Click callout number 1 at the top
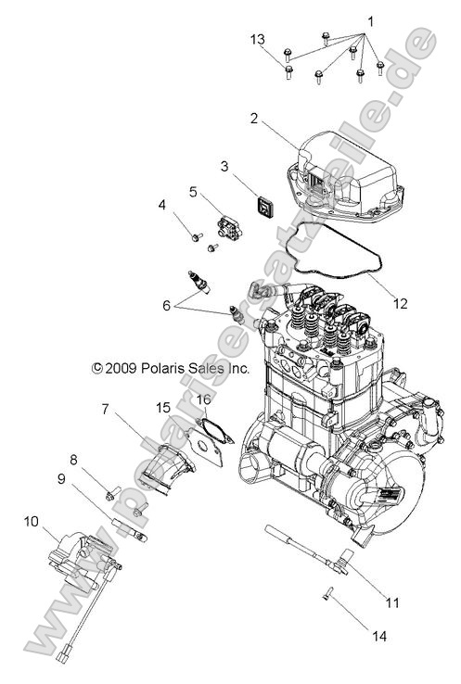click(x=370, y=19)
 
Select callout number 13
click(x=258, y=38)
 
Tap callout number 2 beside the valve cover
click(x=252, y=119)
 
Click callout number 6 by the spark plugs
click(x=166, y=303)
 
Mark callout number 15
click(x=163, y=407)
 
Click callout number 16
click(x=203, y=399)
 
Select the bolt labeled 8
click(x=114, y=493)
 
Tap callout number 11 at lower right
click(x=392, y=602)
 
